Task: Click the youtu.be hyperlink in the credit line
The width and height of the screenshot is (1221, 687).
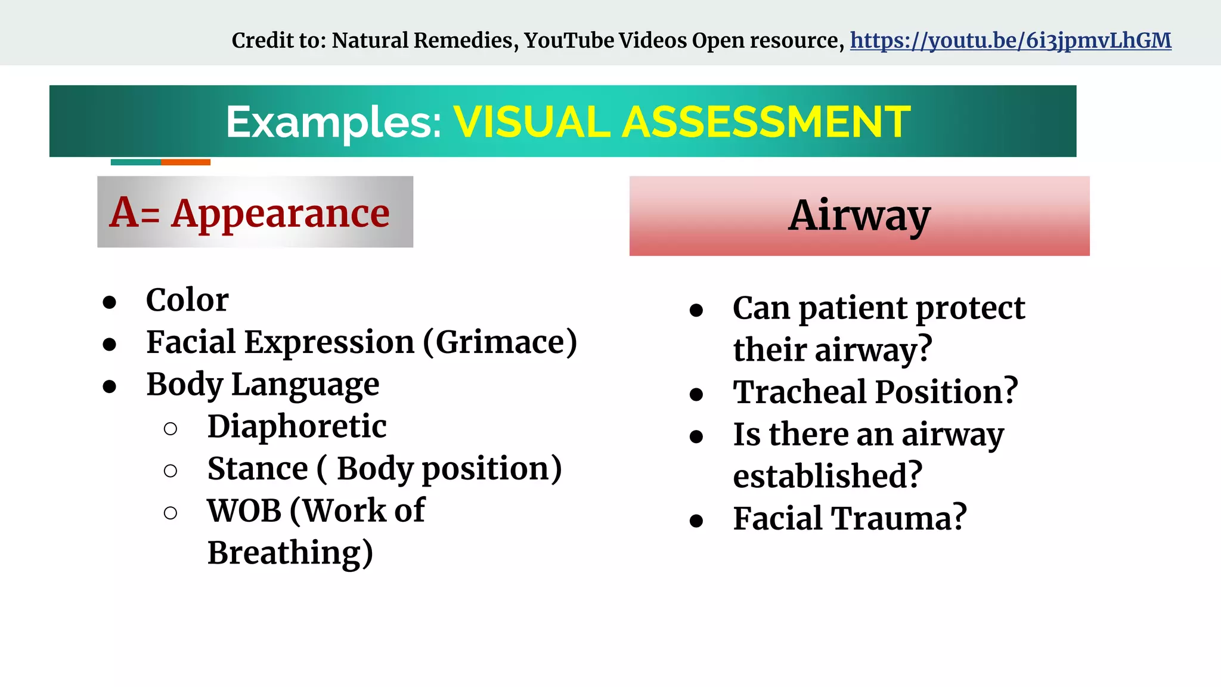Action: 1010,41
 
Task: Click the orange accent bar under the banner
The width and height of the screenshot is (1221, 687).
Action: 185,162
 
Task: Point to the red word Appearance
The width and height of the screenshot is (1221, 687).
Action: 280,213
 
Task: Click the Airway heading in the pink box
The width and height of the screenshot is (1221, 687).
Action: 859,216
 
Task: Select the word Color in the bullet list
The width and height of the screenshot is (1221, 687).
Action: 187,300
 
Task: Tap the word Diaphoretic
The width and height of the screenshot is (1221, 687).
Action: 297,426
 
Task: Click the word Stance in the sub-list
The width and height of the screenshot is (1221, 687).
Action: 258,469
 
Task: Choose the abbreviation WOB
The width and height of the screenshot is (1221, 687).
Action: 244,511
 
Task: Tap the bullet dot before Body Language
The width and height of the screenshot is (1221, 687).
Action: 109,387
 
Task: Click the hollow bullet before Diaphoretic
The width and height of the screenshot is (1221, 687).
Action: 171,429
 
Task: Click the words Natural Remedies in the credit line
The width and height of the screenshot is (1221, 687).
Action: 422,41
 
